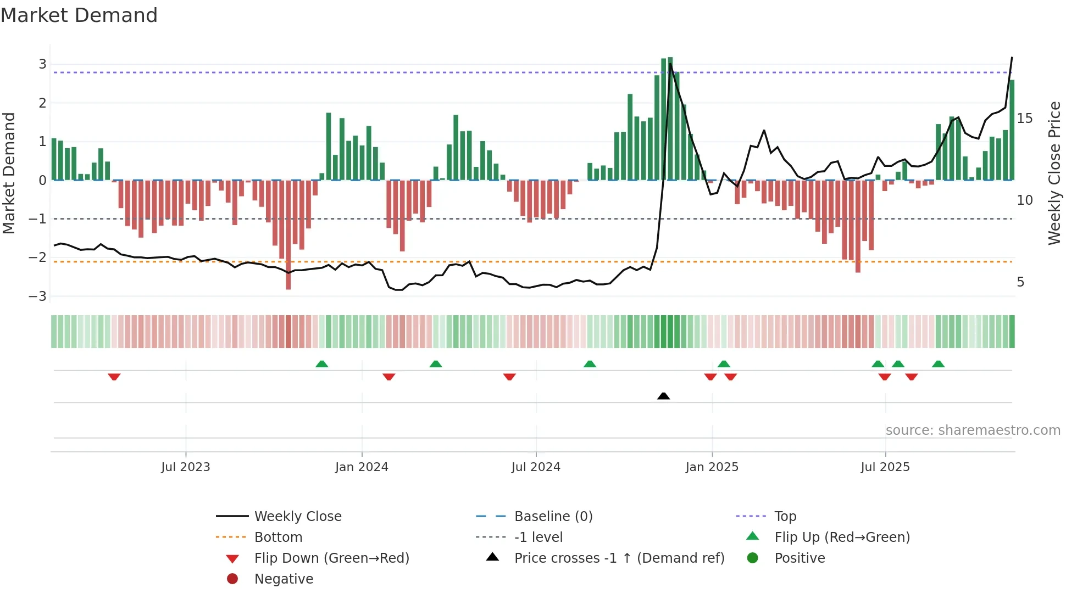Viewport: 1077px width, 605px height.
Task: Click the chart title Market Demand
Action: pyautogui.click(x=79, y=15)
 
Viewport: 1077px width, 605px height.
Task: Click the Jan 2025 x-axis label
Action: pyautogui.click(x=712, y=467)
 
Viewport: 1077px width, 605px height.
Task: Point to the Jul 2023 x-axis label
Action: pyautogui.click(x=185, y=467)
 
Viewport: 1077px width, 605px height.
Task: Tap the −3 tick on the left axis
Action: pyautogui.click(x=38, y=296)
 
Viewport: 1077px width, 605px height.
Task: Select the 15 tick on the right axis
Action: pyautogui.click(x=1024, y=119)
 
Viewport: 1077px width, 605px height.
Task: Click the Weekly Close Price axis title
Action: pyautogui.click(x=1054, y=173)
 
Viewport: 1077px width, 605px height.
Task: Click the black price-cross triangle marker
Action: pyautogui.click(x=663, y=396)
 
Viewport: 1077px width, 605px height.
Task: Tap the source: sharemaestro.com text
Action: pyautogui.click(x=973, y=430)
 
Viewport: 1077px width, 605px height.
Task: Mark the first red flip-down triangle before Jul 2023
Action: pyautogui.click(x=114, y=377)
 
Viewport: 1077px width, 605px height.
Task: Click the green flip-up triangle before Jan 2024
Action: pyautogui.click(x=322, y=364)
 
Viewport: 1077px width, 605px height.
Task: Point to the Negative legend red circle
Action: pyautogui.click(x=232, y=579)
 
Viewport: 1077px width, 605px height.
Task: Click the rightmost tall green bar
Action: pyautogui.click(x=1012, y=130)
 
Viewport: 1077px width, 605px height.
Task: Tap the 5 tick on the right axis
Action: pyautogui.click(x=1020, y=282)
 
